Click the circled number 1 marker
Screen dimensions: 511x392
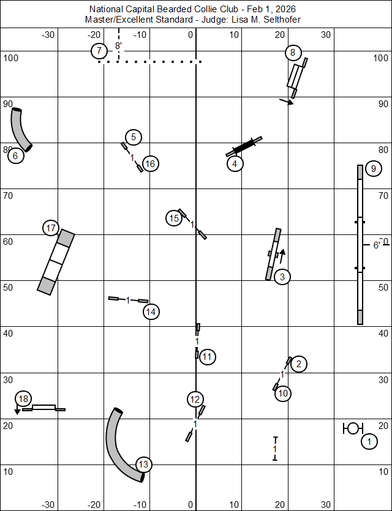coord(369,441)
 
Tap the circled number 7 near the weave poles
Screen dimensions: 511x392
coord(99,51)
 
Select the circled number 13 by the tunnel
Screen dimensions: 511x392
coord(143,464)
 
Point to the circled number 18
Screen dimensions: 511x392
coord(23,399)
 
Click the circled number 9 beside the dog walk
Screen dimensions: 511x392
coord(372,169)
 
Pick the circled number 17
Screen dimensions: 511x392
coord(51,228)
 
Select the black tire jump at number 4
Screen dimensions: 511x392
coord(244,147)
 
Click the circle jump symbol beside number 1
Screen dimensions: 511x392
coord(353,428)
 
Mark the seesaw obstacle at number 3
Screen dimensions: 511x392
coord(273,255)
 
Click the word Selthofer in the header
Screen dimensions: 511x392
coord(284,20)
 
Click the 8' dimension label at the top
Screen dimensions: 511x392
coord(118,46)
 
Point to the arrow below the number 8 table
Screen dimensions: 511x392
coord(286,102)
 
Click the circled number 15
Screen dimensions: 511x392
coord(175,217)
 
